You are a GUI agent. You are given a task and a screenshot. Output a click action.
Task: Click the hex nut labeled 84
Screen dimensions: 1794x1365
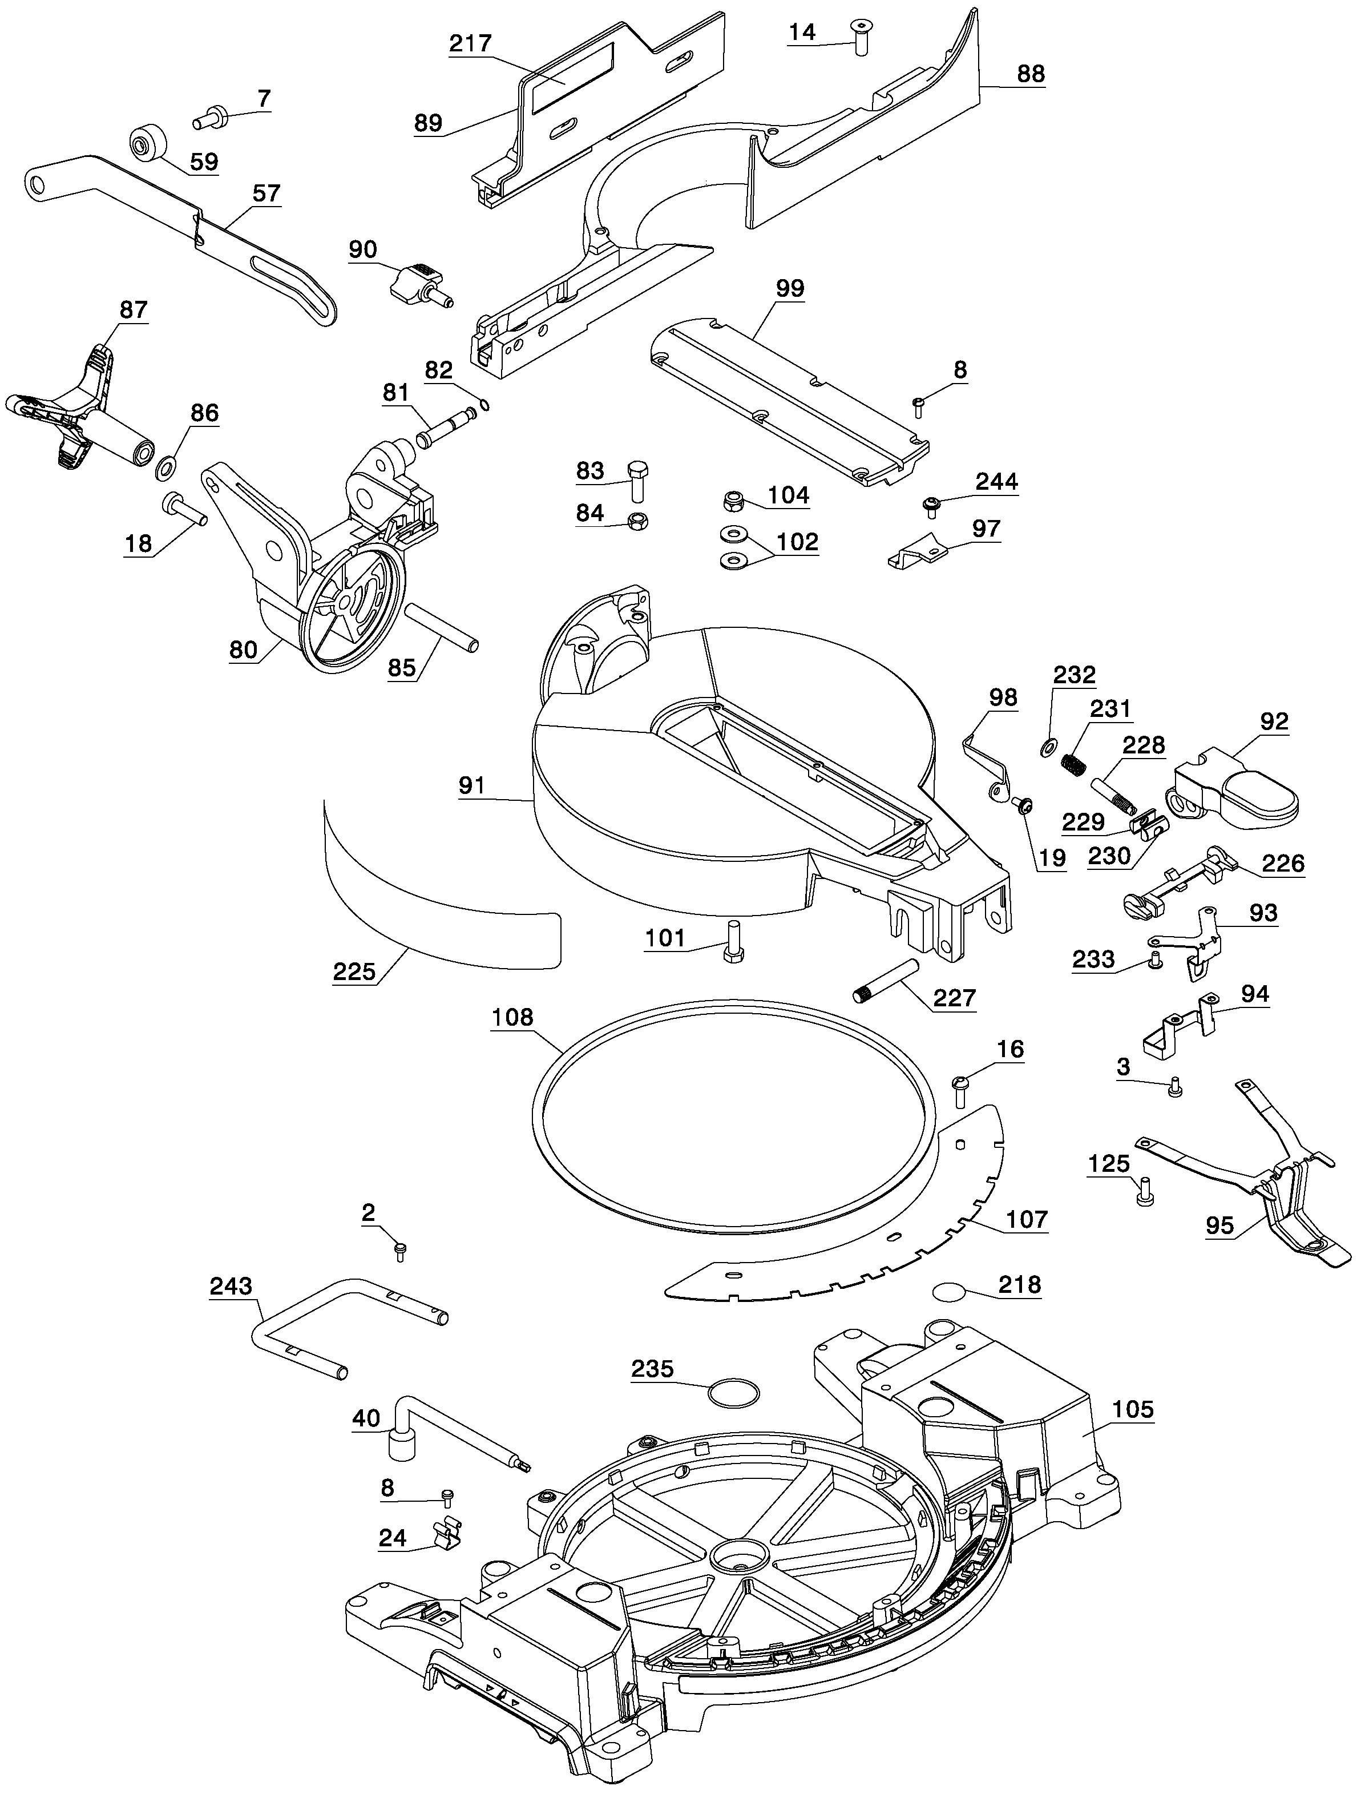tap(639, 522)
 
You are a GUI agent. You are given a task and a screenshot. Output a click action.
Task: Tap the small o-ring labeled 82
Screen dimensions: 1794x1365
tap(484, 405)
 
